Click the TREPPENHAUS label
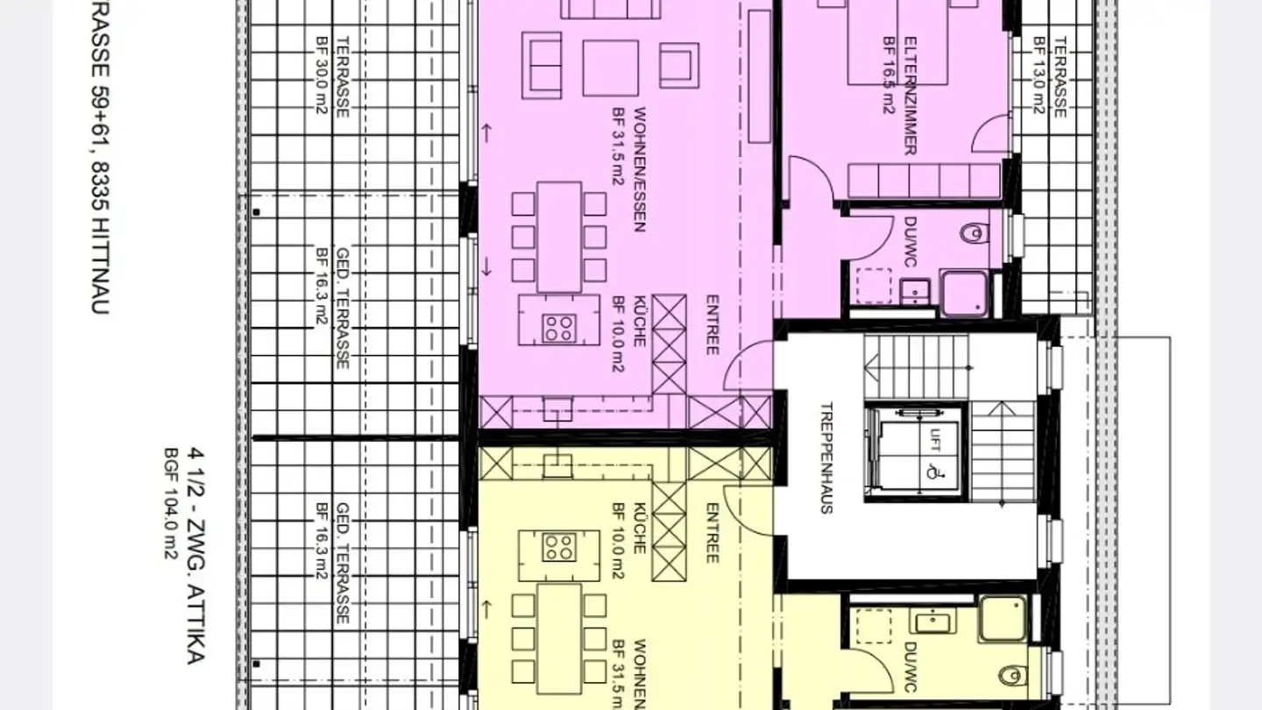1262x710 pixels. tap(825, 458)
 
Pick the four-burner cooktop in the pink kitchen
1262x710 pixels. tap(557, 328)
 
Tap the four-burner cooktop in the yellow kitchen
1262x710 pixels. tap(557, 547)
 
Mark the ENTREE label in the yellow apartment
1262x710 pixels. tap(712, 533)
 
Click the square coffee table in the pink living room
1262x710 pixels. tap(610, 67)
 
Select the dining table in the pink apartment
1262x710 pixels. tap(558, 237)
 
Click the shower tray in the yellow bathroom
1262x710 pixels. tap(1002, 619)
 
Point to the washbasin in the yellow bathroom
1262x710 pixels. tap(932, 621)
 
